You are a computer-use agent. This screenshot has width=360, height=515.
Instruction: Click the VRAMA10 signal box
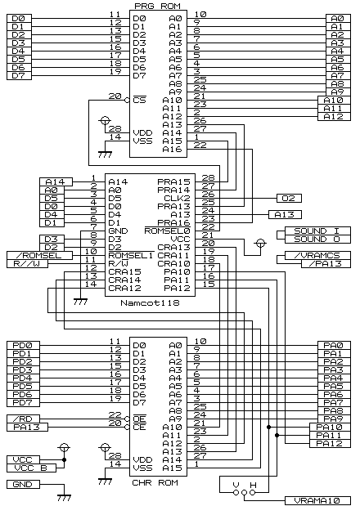pyautogui.click(x=317, y=500)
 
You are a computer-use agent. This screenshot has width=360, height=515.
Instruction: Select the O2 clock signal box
pyautogui.click(x=289, y=198)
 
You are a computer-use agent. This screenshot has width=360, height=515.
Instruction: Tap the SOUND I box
pyautogui.click(x=317, y=231)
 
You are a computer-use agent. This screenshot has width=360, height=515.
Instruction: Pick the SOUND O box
pyautogui.click(x=317, y=239)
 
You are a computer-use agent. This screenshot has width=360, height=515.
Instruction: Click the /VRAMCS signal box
pyautogui.click(x=317, y=255)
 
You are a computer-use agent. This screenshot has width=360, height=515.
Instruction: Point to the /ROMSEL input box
pyautogui.click(x=39, y=255)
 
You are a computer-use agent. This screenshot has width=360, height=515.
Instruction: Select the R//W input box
pyautogui.click(x=27, y=263)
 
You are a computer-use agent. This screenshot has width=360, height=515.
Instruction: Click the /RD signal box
pyautogui.click(x=24, y=419)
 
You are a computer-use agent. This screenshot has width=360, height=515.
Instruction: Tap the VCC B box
pyautogui.click(x=32, y=468)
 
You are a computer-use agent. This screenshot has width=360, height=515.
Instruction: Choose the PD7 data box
pyautogui.click(x=24, y=402)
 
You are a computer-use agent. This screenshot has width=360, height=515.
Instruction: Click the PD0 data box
pyautogui.click(x=24, y=345)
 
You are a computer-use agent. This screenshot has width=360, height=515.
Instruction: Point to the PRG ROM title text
pyautogui.click(x=157, y=7)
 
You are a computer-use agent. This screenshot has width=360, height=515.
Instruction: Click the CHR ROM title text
pyautogui.click(x=155, y=482)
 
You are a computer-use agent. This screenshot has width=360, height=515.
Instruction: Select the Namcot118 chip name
pyautogui.click(x=150, y=302)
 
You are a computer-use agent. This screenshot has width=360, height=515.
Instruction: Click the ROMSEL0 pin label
pyautogui.click(x=168, y=231)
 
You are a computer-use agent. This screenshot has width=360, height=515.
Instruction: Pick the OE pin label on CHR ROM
pyautogui.click(x=139, y=419)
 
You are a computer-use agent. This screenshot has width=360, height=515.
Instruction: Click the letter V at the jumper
pyautogui.click(x=236, y=485)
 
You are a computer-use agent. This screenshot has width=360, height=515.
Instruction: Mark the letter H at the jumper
pyautogui.click(x=253, y=485)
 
